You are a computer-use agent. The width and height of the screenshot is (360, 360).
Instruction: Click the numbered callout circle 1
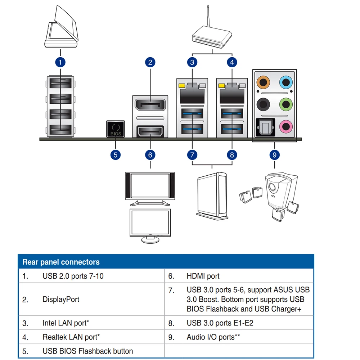60,62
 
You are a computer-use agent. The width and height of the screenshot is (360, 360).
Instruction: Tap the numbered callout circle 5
116,155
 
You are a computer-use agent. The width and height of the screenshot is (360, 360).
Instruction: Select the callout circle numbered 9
275,155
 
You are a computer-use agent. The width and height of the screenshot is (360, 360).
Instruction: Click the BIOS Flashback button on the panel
116,129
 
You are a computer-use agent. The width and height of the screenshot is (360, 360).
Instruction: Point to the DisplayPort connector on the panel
150,105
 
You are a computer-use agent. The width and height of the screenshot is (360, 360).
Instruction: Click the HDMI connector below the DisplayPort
150,132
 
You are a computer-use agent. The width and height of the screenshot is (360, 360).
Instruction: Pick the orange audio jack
263,82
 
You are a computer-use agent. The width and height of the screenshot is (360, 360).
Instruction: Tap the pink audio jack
286,126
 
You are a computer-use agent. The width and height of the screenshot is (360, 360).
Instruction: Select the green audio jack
286,104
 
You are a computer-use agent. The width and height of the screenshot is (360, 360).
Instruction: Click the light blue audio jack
286,82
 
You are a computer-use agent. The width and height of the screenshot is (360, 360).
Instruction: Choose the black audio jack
263,104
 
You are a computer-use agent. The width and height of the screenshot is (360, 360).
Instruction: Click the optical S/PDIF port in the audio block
265,127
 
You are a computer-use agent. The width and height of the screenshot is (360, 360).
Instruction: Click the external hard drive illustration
212,196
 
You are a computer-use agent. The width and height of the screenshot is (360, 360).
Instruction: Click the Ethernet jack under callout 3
192,94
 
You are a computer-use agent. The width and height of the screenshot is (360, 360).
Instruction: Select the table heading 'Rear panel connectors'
61,262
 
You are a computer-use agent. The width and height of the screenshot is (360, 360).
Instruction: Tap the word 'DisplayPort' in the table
61,300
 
